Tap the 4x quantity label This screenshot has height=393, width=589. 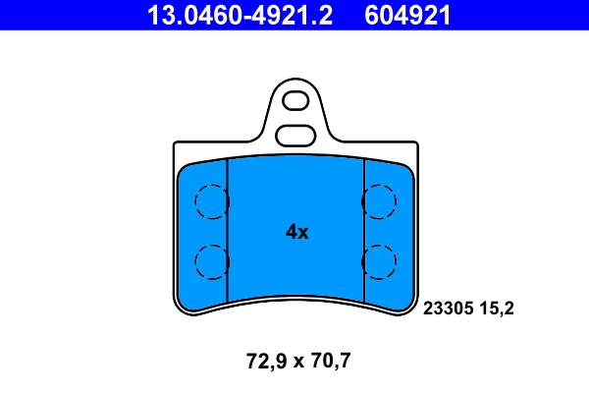[296, 233]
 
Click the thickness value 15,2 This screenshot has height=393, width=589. [498, 309]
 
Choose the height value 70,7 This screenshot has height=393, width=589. [329, 361]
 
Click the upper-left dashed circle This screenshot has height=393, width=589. [211, 202]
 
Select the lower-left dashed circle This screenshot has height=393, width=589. [211, 260]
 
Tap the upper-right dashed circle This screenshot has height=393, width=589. [379, 202]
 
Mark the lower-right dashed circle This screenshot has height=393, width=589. [379, 260]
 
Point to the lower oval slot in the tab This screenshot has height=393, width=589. [294, 135]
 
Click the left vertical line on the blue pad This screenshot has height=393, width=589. [227, 231]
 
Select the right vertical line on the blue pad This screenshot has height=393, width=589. [364, 231]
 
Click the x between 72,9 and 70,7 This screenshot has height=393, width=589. [295, 362]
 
